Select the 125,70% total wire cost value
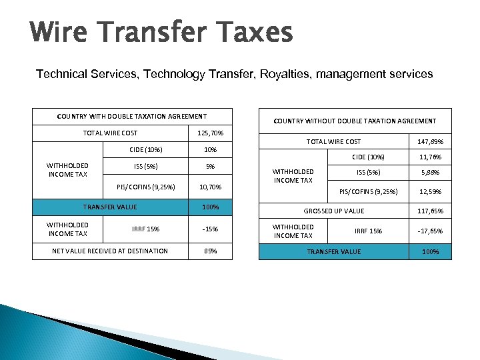pos(211,133)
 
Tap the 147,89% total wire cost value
pos(430,141)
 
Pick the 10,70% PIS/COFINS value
pos(211,187)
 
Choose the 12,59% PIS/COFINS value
pos(430,192)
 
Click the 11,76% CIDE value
pos(430,157)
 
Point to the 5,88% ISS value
pos(430,173)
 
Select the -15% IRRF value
pos(211,229)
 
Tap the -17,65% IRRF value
pos(430,231)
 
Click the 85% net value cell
pos(211,251)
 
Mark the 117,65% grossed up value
pos(430,211)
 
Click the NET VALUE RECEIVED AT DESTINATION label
pos(110,251)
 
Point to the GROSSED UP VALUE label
pos(334,211)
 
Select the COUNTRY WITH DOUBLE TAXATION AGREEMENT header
pos(132,117)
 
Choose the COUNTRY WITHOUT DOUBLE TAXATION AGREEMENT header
pos(355,121)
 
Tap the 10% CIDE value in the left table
pos(211,149)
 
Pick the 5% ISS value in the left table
pos(211,167)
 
